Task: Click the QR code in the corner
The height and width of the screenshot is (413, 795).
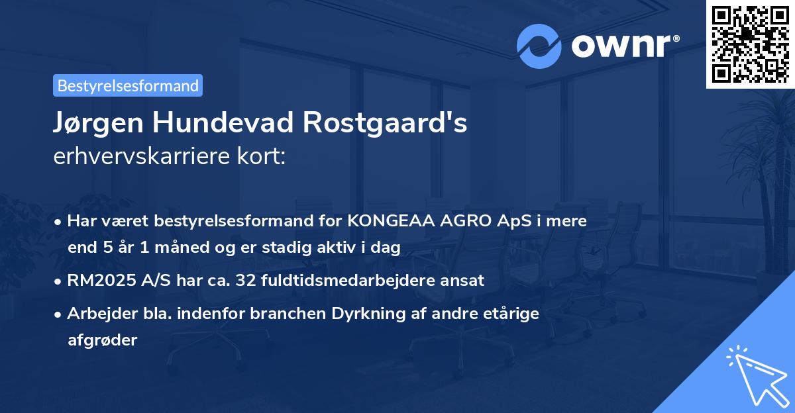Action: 750,44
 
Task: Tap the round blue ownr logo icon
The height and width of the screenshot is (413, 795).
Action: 539,46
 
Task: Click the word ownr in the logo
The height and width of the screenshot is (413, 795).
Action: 623,46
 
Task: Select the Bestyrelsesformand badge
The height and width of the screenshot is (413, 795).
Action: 128,85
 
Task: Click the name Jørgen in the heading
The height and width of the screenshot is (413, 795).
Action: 99,124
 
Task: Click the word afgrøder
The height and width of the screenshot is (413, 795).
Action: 102,340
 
